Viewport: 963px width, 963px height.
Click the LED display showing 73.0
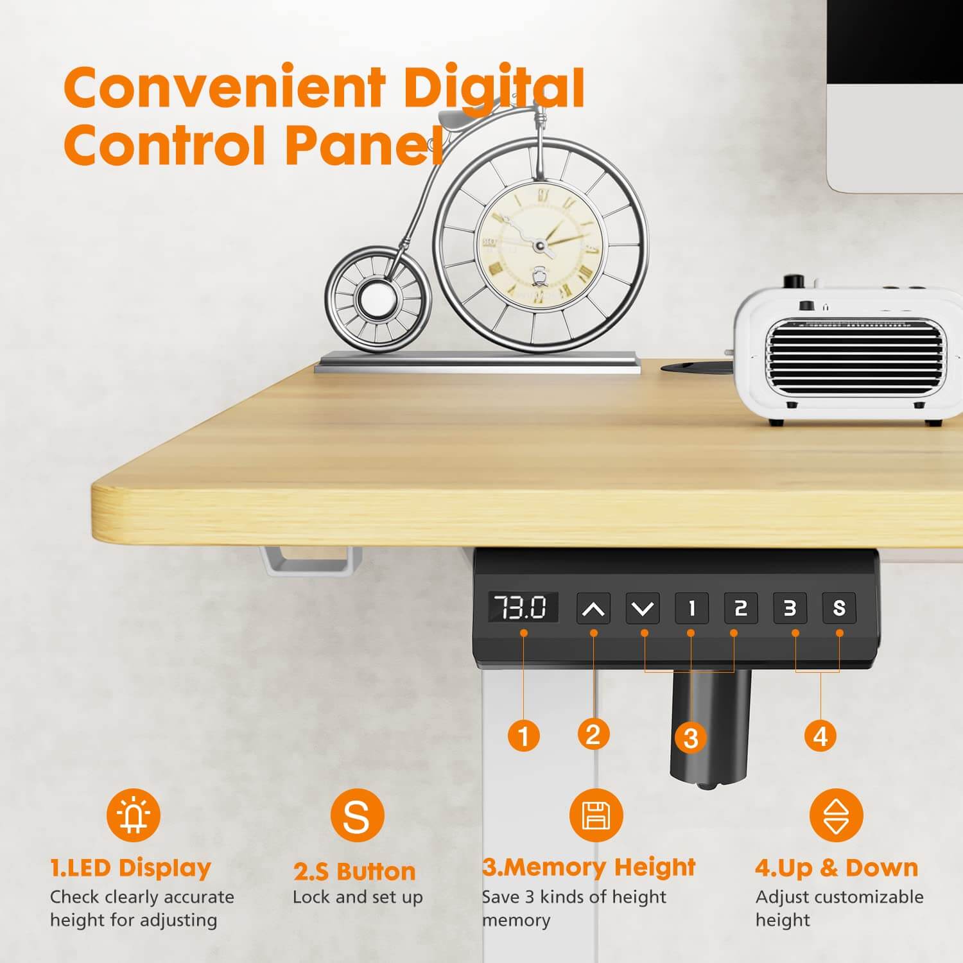tap(523, 607)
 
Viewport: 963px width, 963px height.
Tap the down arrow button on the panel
tap(643, 608)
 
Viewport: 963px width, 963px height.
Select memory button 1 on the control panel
tap(691, 608)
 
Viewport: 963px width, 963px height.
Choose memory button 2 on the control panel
tap(741, 608)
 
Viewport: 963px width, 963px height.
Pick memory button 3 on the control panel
tap(790, 608)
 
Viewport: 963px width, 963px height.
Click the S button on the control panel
tap(839, 608)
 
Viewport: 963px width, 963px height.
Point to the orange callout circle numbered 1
tap(524, 735)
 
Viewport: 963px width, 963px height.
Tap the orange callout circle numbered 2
tap(593, 734)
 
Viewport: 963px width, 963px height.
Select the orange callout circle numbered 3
tap(691, 738)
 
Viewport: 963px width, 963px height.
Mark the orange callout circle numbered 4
tap(820, 735)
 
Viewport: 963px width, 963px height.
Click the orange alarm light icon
tap(134, 815)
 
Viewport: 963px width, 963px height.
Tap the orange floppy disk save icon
tap(596, 815)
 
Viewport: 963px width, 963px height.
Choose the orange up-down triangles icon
tap(836, 815)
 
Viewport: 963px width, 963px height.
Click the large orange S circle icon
tap(357, 815)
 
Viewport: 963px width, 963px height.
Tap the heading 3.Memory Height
tap(589, 867)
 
